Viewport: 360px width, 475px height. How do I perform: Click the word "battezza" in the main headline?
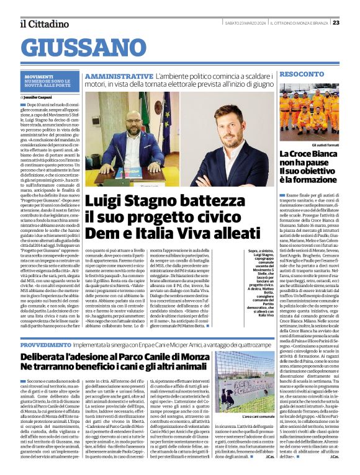pyautogui.click(x=186, y=201)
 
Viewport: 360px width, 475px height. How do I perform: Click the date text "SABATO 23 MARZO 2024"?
pyautogui.click(x=245, y=23)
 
